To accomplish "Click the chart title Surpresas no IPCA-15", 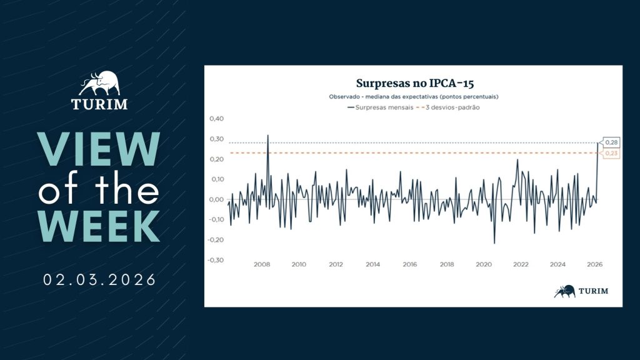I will [413, 82].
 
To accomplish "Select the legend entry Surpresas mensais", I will [378, 107].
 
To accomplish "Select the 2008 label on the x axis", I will [262, 265].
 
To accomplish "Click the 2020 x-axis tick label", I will [484, 265].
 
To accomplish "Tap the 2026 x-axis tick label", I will [595, 265].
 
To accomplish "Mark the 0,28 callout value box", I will [611, 143].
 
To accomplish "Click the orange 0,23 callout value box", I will [611, 153].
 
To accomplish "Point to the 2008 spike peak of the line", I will [268, 135].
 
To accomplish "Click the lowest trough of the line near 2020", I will [494, 243].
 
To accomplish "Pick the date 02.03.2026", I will [100, 279].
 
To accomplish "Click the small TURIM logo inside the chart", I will [581, 291].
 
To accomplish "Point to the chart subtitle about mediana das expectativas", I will [413, 97].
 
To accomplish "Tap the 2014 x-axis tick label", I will [373, 265].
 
